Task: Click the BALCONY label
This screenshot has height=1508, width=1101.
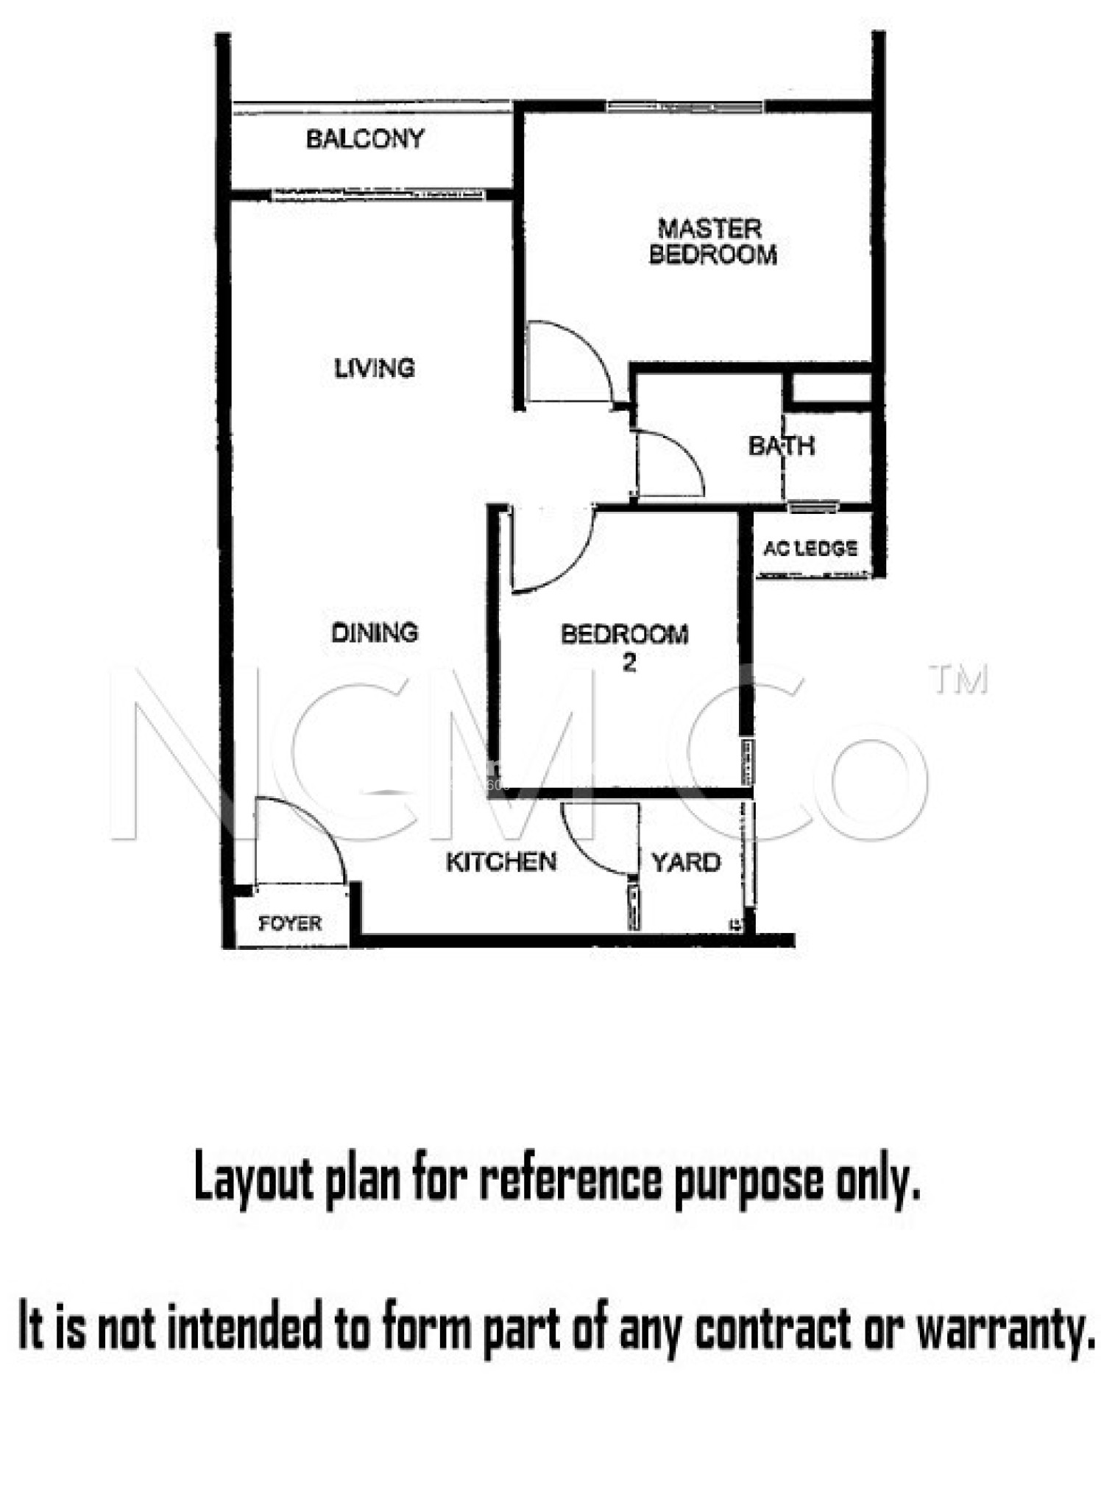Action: [365, 138]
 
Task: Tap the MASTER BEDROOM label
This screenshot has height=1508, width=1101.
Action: [712, 242]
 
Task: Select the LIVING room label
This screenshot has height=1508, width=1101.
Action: [375, 367]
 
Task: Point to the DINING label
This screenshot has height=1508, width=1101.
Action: [375, 632]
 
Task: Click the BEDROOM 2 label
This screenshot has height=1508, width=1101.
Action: [625, 646]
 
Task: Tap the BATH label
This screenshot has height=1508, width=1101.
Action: [781, 445]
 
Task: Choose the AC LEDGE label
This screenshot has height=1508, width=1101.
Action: [810, 548]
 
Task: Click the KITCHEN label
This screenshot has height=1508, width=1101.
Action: [501, 862]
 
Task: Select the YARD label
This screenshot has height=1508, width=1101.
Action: [686, 862]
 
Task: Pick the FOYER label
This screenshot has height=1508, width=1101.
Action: [290, 923]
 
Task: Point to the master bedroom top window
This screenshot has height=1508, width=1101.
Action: [684, 107]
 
